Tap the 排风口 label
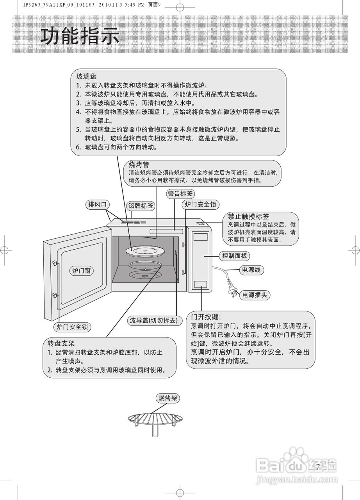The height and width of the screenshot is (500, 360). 97,204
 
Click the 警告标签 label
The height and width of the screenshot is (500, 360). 180,194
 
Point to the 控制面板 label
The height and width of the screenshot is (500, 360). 235,256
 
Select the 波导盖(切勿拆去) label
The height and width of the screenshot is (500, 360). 155,320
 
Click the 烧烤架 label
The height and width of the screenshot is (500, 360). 168,398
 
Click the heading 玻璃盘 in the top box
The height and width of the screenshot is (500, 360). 86,77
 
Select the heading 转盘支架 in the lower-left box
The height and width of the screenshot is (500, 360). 61,343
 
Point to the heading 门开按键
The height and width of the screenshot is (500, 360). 206,317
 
